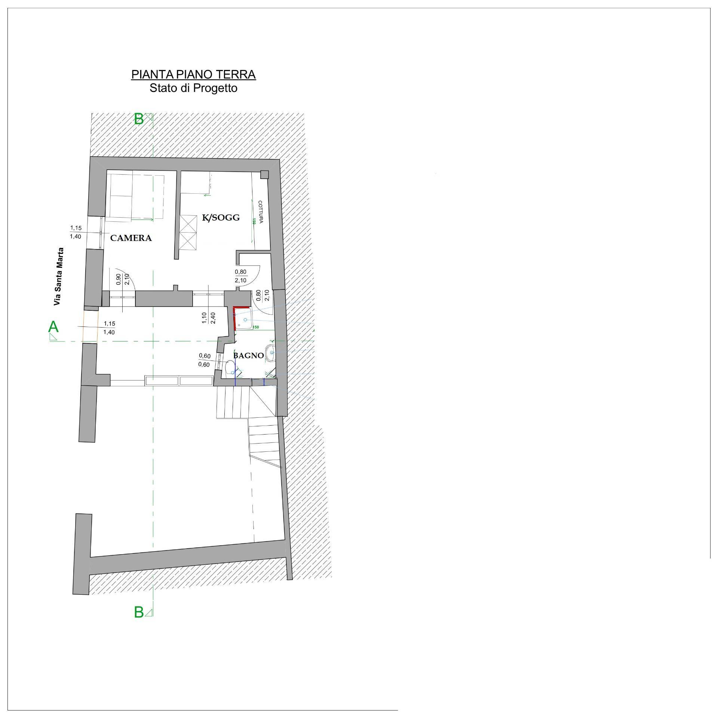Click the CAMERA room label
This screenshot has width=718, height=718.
131,238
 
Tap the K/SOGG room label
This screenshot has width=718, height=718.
221,218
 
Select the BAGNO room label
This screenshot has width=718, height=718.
248,356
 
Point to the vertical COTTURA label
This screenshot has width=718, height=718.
261,212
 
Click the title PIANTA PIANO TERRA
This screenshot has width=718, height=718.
193,74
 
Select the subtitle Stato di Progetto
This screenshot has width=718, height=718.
193,88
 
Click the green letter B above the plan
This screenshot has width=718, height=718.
139,119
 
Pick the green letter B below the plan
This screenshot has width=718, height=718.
139,623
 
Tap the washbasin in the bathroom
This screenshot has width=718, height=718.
270,353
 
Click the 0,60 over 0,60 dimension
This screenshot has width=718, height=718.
204,360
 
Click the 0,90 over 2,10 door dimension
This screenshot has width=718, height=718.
123,279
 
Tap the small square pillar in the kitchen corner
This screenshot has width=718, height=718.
264,175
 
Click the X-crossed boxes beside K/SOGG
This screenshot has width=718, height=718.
188,232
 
